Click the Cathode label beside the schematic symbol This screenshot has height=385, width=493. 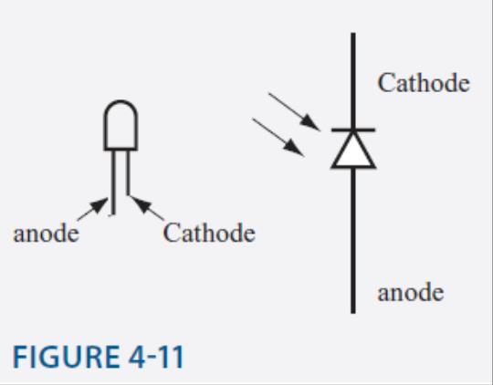point(424,83)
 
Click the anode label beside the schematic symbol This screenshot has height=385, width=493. point(411,292)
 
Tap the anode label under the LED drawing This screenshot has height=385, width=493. point(46,233)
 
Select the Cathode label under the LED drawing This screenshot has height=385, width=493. point(209,233)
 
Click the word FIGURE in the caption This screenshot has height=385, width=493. point(67,357)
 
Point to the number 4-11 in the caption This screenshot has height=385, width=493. point(156,357)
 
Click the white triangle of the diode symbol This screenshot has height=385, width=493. point(353,151)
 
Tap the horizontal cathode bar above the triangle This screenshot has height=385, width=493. point(353,130)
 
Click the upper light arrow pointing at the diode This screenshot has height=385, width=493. point(294,111)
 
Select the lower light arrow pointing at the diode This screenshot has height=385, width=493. point(278,137)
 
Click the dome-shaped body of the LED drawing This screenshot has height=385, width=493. point(121,125)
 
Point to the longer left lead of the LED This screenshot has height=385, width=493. point(113,182)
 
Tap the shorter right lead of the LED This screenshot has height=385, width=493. point(128,172)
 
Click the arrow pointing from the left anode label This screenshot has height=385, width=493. point(93,209)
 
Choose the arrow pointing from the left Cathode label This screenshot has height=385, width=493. point(147,207)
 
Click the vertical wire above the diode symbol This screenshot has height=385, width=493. point(353,80)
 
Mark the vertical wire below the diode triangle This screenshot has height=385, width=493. point(353,241)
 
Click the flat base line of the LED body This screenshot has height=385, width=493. point(121,149)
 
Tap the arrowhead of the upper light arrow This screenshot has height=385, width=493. point(310,123)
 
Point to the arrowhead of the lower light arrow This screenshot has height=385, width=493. point(294,148)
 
